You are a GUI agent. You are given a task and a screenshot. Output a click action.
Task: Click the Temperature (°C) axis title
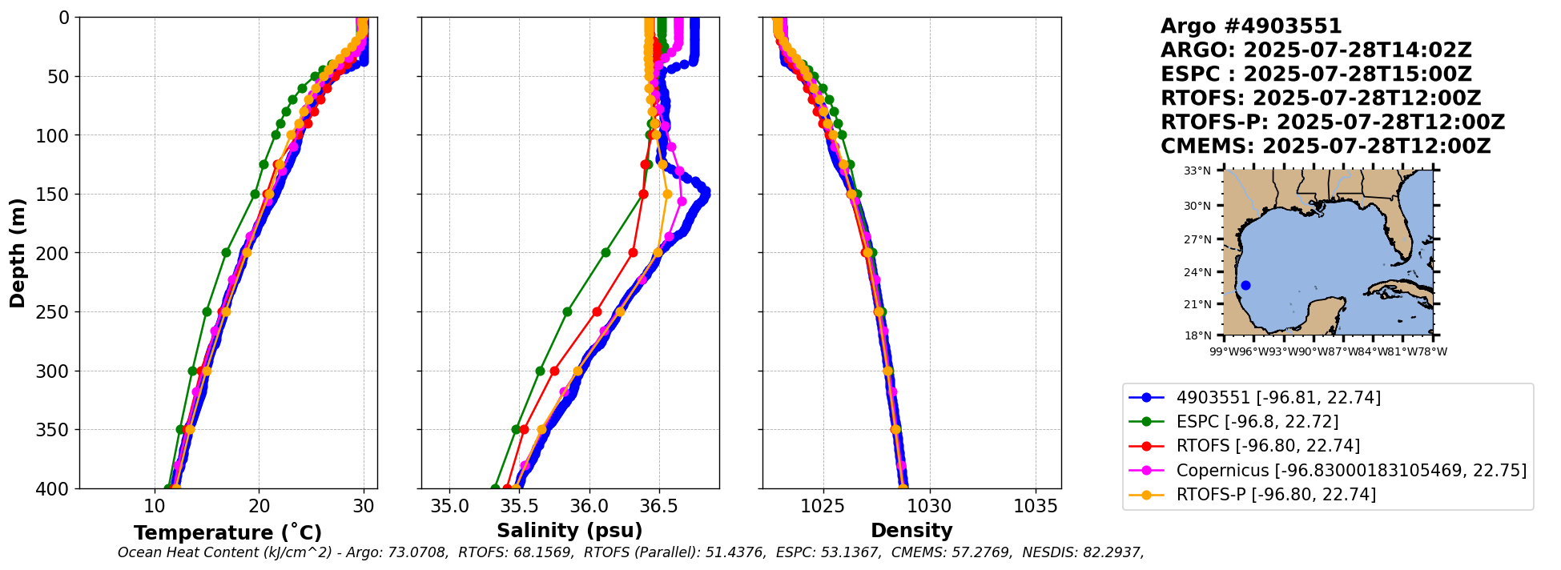click(227, 533)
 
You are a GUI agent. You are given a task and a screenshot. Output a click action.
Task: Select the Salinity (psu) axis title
click(569, 531)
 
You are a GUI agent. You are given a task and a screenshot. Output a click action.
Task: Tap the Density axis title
click(911, 531)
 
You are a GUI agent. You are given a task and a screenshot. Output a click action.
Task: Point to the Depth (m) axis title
click(18, 252)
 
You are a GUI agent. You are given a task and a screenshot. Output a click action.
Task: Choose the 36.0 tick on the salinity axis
click(589, 506)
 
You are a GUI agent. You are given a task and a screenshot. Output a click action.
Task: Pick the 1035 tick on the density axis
click(1036, 506)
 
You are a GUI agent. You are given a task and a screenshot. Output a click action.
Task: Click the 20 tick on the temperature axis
click(259, 506)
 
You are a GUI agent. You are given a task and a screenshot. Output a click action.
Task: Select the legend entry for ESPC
click(1257, 422)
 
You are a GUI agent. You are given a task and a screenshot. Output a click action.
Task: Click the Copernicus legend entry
click(1351, 471)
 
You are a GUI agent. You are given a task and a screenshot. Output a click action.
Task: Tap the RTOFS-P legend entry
click(1276, 495)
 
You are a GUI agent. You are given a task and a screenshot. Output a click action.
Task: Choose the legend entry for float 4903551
click(1278, 398)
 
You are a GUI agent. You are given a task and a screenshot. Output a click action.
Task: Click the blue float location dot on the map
click(1245, 286)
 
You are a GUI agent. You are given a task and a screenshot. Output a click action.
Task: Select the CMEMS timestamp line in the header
click(1326, 147)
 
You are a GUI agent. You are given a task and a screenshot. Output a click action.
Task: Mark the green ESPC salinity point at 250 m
click(567, 311)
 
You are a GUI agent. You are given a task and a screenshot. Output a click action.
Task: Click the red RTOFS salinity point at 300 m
click(554, 371)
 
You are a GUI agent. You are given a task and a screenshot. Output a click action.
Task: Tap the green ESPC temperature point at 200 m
click(226, 252)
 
